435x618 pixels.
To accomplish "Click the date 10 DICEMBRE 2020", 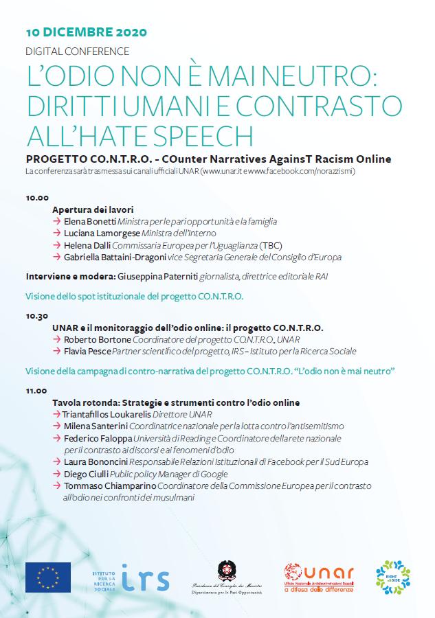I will click(x=86, y=32).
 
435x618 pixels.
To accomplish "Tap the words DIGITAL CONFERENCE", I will click(x=77, y=51).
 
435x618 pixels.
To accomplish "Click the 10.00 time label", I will click(x=37, y=197).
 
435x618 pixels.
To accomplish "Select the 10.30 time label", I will click(x=37, y=317).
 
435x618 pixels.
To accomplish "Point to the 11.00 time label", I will click(x=37, y=390).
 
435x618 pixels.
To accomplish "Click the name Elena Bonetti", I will click(x=89, y=222).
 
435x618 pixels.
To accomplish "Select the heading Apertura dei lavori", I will click(x=93, y=209).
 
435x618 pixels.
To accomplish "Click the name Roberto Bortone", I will click(x=96, y=339).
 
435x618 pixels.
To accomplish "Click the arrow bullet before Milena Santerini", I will click(x=57, y=426).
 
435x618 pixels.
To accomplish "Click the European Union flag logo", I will click(x=47, y=577).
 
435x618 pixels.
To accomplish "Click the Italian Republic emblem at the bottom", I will click(x=226, y=571).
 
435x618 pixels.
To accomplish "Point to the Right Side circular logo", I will click(x=393, y=577).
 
